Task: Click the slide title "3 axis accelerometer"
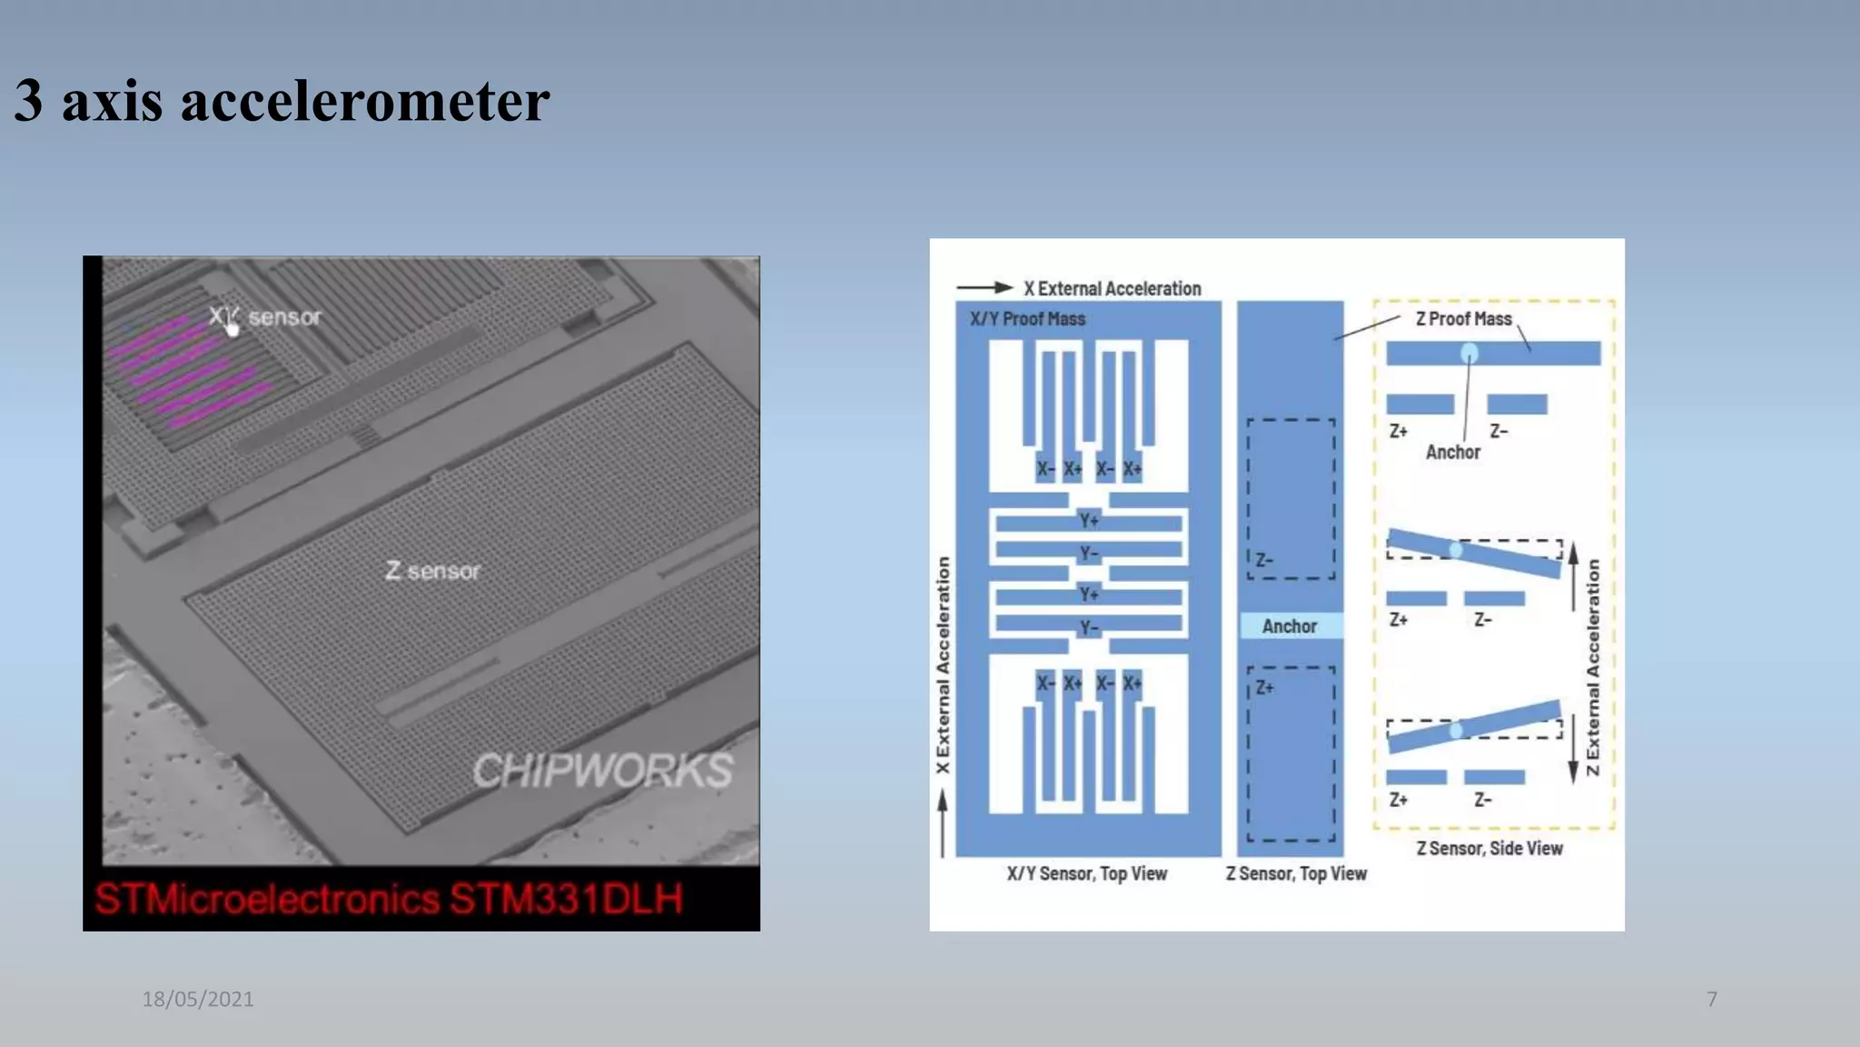(x=282, y=100)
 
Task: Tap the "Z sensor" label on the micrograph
(x=432, y=571)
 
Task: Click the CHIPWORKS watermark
(x=602, y=771)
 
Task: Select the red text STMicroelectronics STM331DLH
(x=389, y=899)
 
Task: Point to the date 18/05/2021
(x=198, y=999)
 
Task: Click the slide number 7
(x=1712, y=999)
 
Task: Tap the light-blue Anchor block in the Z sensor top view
(x=1290, y=625)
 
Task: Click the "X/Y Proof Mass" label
(x=1027, y=319)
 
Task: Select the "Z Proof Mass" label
(x=1463, y=319)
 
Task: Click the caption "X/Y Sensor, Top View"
(x=1086, y=873)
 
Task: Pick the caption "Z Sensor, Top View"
(x=1296, y=873)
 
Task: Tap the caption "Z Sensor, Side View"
(x=1489, y=848)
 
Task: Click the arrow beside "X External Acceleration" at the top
(x=984, y=288)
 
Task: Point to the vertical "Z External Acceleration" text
(x=1593, y=667)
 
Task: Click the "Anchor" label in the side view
(x=1452, y=452)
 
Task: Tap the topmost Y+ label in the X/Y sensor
(x=1089, y=520)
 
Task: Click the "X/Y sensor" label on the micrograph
(x=265, y=317)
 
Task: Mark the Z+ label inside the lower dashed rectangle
(x=1265, y=688)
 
